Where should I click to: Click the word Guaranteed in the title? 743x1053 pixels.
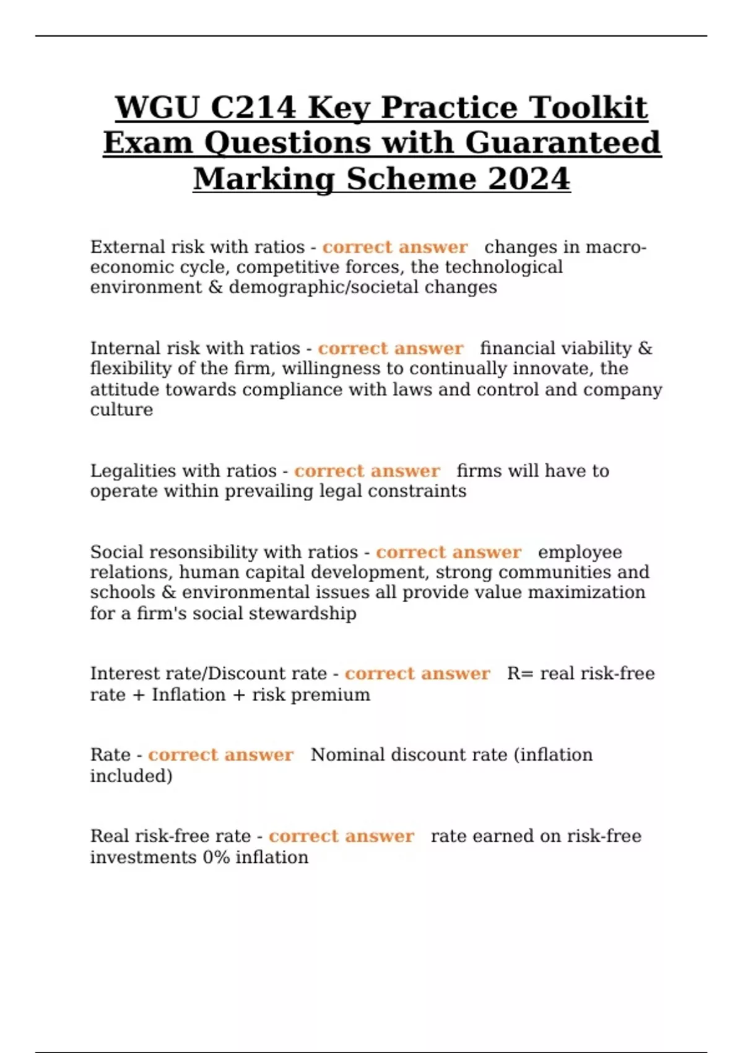[563, 143]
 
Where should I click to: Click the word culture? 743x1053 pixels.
[121, 409]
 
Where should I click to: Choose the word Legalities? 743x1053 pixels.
[134, 471]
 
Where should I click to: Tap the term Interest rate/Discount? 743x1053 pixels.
[208, 673]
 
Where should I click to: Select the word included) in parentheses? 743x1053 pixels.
[131, 776]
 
